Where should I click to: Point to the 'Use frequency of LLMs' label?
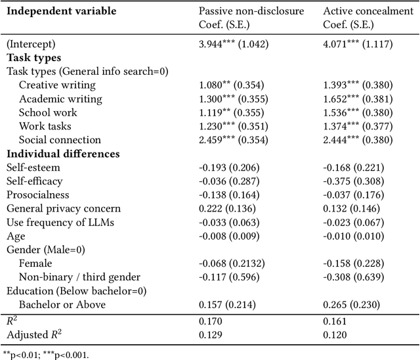(60, 222)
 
